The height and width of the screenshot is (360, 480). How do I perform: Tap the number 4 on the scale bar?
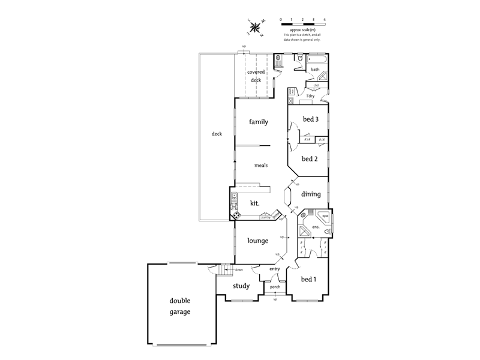pos(325,20)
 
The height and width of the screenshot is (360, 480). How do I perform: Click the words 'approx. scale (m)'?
pos(303,29)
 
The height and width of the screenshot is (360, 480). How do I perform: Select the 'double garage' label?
pos(179,307)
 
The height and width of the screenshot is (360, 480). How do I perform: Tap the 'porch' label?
pos(275,287)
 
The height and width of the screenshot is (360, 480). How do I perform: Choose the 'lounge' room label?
pos(257,241)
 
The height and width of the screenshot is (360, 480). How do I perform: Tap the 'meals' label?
pos(260,165)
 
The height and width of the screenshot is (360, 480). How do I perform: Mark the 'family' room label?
pos(258,122)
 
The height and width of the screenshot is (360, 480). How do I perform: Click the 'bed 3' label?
pos(310,119)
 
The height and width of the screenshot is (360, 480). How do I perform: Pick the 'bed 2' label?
pos(310,159)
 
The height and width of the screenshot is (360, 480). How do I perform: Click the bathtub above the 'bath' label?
pos(317,60)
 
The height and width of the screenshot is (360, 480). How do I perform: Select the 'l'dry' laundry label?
pos(310,96)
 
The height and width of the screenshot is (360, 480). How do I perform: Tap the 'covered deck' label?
pos(256,76)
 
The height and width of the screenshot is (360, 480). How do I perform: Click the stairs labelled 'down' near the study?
pos(225,269)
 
